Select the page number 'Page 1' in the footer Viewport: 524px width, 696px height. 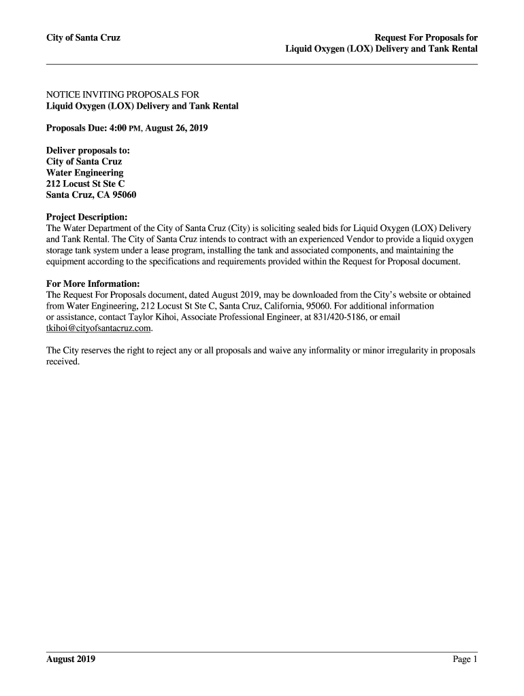[x=463, y=659]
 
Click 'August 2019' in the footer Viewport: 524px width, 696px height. [x=71, y=659]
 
